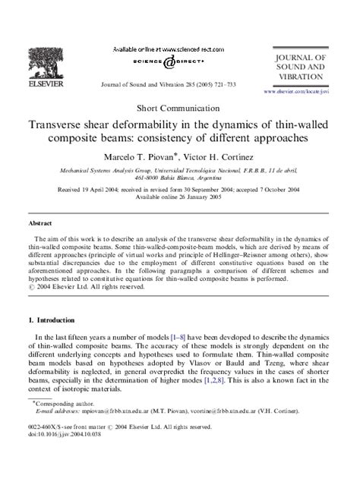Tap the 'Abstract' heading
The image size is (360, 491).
(x=40, y=225)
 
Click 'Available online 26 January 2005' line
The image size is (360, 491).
(x=179, y=199)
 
